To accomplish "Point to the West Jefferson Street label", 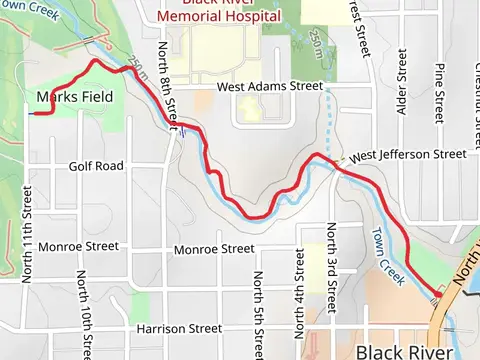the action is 408,155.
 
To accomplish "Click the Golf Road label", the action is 96,165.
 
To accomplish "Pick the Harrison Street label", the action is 179,328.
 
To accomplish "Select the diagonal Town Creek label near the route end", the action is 387,259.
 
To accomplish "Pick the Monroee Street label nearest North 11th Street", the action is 78,246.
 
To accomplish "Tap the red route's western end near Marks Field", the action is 33,113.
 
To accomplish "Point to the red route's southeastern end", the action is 436,301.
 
